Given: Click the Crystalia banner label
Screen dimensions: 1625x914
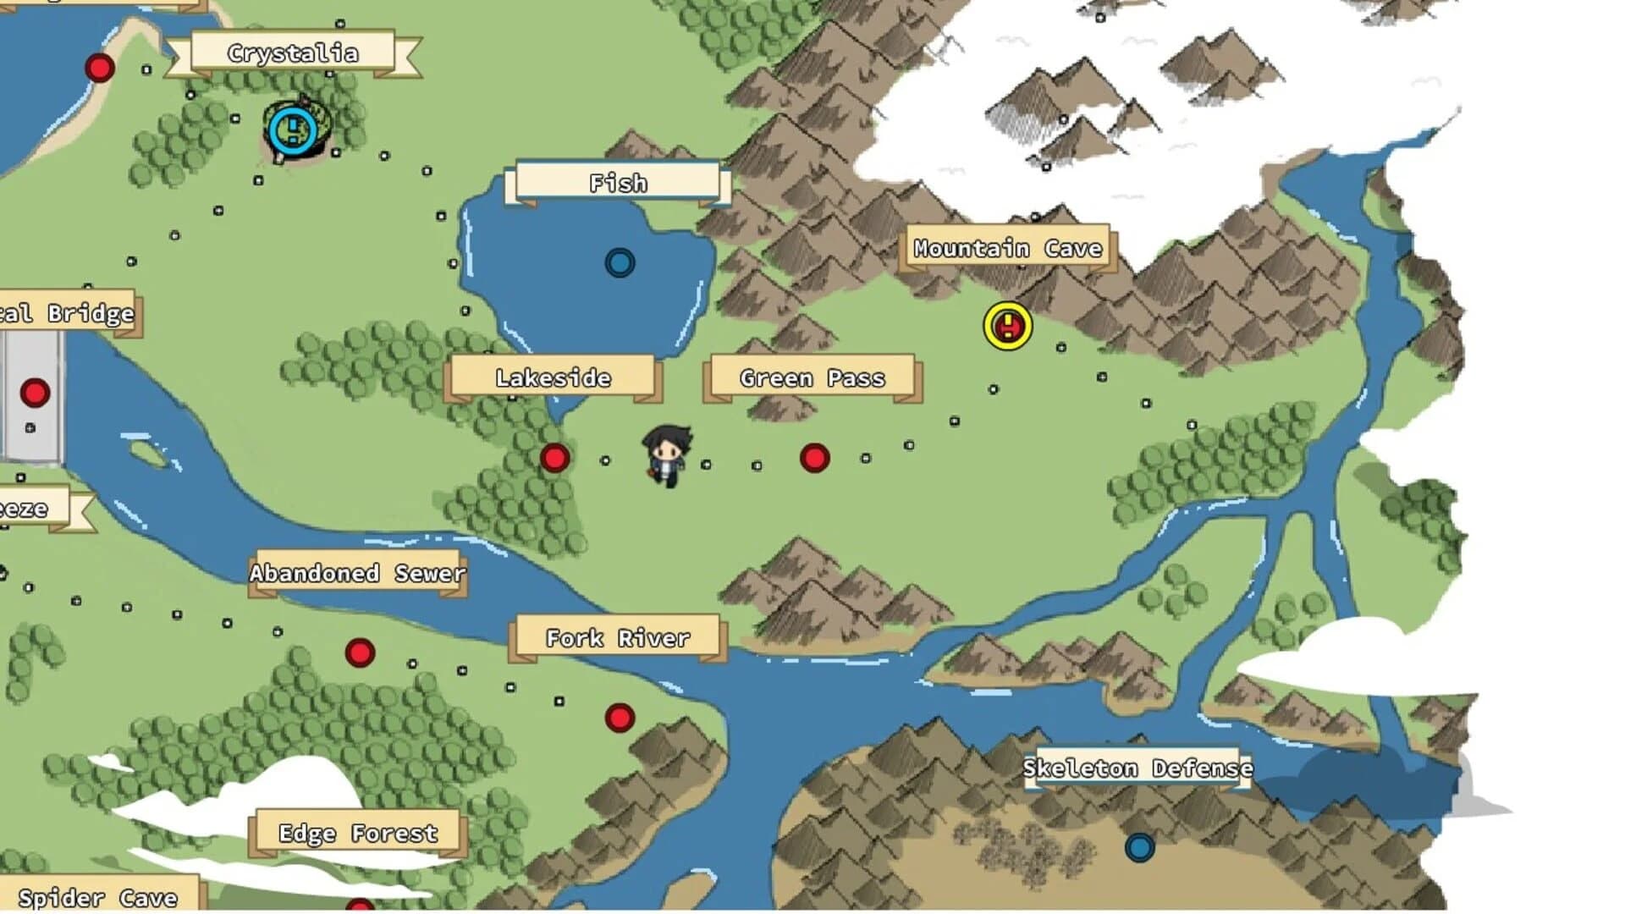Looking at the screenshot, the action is [293, 53].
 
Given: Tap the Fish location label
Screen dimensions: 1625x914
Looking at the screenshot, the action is [618, 183].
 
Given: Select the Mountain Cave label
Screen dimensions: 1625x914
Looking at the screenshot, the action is [1007, 248].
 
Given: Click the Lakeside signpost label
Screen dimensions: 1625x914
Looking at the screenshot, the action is [554, 377].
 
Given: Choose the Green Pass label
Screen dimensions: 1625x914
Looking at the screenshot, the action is [812, 377].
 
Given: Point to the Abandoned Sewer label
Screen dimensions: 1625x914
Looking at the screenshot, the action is [357, 573].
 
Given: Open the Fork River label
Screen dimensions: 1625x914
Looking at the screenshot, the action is [618, 637].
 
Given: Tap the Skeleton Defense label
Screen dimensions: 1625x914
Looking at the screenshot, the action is [1137, 768].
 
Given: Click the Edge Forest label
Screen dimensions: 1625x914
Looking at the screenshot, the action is [358, 833].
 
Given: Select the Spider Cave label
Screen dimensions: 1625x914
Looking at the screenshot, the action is [98, 897].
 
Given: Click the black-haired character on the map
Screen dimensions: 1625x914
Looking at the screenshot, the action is [668, 454].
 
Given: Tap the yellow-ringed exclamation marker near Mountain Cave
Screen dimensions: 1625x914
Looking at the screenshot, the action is [1008, 326].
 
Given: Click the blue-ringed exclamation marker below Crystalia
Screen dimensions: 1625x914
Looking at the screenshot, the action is [293, 129].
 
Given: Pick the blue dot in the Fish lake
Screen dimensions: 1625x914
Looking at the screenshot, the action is [620, 263].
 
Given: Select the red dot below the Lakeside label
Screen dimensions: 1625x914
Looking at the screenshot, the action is [554, 458].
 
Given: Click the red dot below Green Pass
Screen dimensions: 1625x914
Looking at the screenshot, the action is [814, 458].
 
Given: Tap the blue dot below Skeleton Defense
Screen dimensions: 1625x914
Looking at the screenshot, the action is [1140, 846].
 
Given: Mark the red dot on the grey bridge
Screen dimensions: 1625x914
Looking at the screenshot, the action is [35, 393].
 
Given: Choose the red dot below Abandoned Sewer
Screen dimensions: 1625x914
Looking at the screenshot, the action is [360, 652].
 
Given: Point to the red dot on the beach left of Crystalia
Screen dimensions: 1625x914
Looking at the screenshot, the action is [100, 68].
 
